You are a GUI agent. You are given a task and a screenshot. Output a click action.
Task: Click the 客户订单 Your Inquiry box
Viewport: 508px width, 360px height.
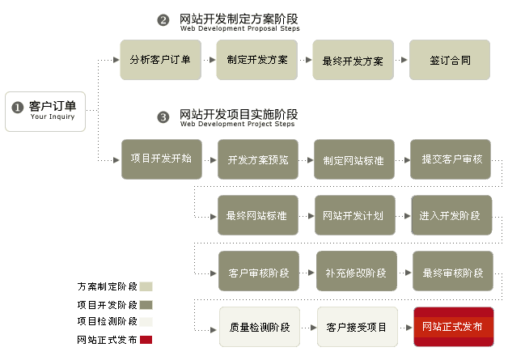click(x=45, y=111)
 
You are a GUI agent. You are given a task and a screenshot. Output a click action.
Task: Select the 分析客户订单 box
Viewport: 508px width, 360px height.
click(x=160, y=59)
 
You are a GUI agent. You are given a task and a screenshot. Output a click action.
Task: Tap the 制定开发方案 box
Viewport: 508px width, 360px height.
click(x=256, y=59)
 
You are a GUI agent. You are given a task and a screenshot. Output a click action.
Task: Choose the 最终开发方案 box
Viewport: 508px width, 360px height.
click(x=353, y=60)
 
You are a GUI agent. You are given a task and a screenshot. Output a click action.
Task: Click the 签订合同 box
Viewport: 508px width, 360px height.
click(x=450, y=59)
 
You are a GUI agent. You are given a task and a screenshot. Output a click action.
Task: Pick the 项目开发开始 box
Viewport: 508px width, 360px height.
click(x=161, y=159)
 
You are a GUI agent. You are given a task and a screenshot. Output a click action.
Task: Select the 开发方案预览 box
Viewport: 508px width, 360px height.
click(x=257, y=159)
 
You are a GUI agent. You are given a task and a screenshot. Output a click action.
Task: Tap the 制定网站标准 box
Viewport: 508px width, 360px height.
click(x=353, y=159)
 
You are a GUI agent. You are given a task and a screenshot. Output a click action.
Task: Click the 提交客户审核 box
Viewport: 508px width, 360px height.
click(x=451, y=159)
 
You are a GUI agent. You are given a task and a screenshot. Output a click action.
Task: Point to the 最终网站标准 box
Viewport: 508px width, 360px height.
click(x=257, y=215)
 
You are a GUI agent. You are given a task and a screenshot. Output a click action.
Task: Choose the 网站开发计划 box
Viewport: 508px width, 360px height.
click(x=353, y=215)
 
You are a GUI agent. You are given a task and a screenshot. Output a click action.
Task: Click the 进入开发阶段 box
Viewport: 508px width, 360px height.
click(x=451, y=215)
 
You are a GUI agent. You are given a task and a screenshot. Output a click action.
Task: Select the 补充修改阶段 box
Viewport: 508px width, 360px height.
click(x=355, y=272)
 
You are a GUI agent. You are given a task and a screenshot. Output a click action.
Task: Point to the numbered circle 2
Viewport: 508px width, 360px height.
click(x=163, y=20)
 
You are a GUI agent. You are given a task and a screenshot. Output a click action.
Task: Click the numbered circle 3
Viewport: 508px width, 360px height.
click(x=163, y=117)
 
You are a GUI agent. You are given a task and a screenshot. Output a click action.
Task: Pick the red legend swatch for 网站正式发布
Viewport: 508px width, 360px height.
click(x=146, y=340)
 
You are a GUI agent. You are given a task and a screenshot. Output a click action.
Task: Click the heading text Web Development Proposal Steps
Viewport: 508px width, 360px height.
click(x=239, y=28)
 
